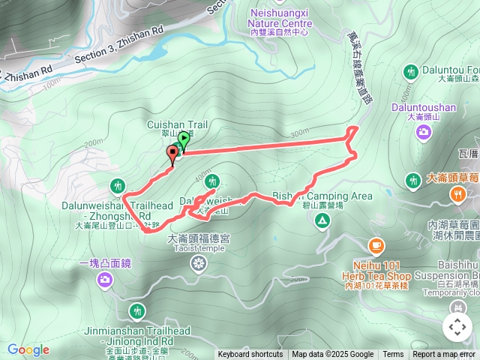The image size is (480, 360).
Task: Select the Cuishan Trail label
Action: pyautogui.click(x=176, y=125)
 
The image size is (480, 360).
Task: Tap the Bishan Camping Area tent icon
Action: pyautogui.click(x=322, y=220)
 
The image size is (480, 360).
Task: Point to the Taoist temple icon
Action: pyautogui.click(x=198, y=262)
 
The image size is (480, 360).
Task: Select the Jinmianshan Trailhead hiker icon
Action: pyautogui.click(x=136, y=310)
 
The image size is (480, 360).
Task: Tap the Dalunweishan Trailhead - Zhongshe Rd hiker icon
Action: pyautogui.click(x=117, y=185)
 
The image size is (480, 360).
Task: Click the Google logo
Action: pyautogui.click(x=28, y=349)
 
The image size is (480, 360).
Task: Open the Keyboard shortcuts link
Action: pyautogui.click(x=250, y=355)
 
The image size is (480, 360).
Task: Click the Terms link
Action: pyautogui.click(x=393, y=355)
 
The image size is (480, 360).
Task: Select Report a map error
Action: pyautogui.click(x=445, y=355)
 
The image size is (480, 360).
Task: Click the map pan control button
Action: pyautogui.click(x=457, y=327)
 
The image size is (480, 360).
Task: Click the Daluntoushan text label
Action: pyautogui.click(x=422, y=107)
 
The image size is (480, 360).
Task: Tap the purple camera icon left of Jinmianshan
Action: pyautogui.click(x=105, y=280)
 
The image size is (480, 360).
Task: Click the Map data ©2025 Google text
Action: pyautogui.click(x=332, y=355)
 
